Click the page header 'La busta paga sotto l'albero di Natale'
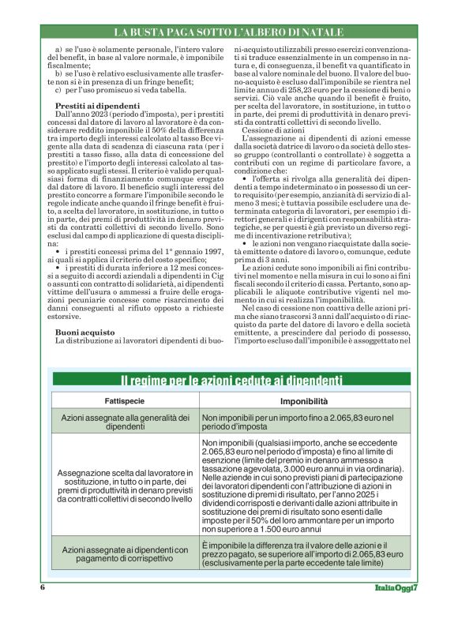point(228,32)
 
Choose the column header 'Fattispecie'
point(124,401)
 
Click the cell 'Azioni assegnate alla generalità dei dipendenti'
point(126,422)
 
